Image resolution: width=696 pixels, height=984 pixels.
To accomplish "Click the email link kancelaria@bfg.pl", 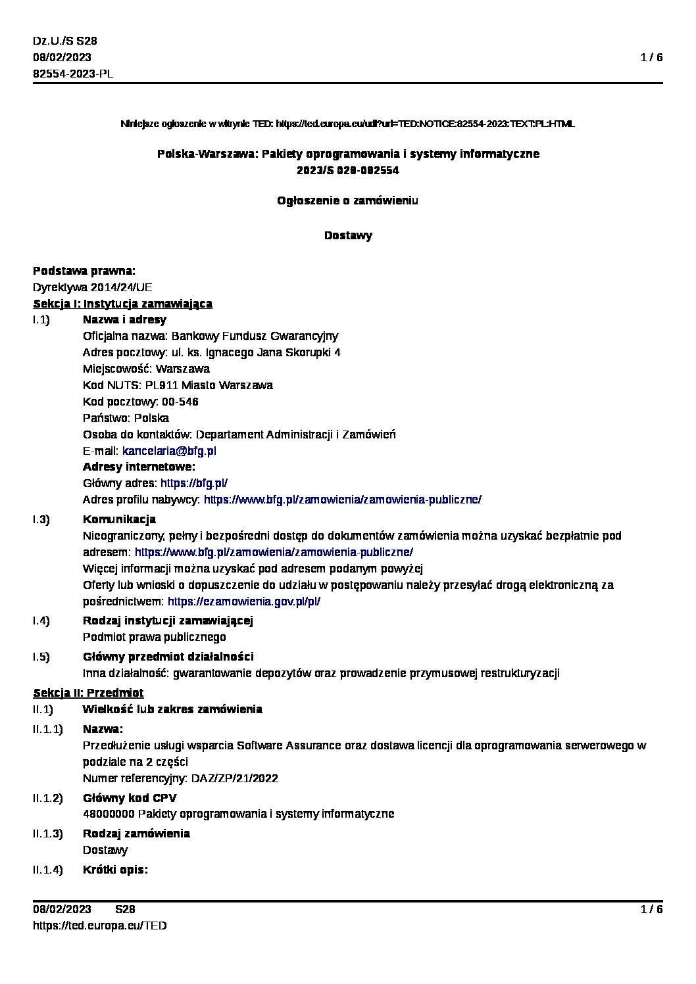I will (x=169, y=451).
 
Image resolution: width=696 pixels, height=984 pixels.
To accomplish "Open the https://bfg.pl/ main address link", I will (x=194, y=483).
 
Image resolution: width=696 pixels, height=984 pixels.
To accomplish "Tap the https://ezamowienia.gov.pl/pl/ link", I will (x=243, y=601).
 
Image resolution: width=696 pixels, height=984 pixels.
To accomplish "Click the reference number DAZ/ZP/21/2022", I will (x=234, y=778).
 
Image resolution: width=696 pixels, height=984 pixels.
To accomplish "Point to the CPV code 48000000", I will (x=109, y=814).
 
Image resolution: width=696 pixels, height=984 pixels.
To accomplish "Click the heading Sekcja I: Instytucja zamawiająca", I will (x=122, y=304).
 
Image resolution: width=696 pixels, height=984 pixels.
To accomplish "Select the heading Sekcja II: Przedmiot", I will (x=88, y=693).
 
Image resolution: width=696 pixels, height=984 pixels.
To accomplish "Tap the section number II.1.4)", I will (x=48, y=870).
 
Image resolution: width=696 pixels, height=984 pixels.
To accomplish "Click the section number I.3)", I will (x=41, y=520).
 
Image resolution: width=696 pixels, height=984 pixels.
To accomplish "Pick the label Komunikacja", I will (x=119, y=520).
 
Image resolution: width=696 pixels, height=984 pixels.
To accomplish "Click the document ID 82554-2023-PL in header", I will (x=73, y=74).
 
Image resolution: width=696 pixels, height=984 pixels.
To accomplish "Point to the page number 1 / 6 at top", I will (x=651, y=57).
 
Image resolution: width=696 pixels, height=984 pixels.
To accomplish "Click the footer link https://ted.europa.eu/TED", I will (x=100, y=925).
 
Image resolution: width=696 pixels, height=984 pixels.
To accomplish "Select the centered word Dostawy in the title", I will (x=348, y=235).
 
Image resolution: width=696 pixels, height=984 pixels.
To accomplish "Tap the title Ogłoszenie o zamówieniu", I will (x=347, y=200).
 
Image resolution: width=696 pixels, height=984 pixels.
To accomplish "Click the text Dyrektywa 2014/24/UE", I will (x=93, y=287).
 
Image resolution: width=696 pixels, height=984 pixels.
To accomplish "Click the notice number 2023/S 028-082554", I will (x=347, y=170).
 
